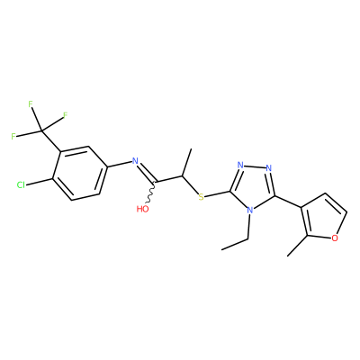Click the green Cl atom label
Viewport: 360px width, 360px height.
[x=21, y=185]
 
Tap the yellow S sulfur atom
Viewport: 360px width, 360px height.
[x=201, y=197]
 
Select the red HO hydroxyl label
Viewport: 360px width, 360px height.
[x=143, y=209]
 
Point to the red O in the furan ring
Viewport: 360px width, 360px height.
[x=336, y=238]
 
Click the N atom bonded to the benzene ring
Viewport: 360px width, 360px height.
[x=135, y=161]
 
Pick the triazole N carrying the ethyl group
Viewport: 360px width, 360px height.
[x=249, y=210]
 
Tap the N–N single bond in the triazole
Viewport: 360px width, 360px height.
[x=255, y=166]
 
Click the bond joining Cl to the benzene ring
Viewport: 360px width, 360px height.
[x=39, y=182]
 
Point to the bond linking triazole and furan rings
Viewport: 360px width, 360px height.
[x=288, y=202]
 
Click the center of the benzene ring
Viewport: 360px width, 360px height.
[x=79, y=173]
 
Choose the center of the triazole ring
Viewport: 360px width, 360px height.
[x=254, y=185]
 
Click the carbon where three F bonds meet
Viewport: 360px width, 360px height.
[x=41, y=131]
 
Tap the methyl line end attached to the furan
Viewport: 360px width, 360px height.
[x=287, y=256]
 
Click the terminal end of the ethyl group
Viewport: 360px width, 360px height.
[x=222, y=249]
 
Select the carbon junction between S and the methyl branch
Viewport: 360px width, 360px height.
[x=182, y=175]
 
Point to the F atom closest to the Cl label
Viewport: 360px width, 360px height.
[x=13, y=137]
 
